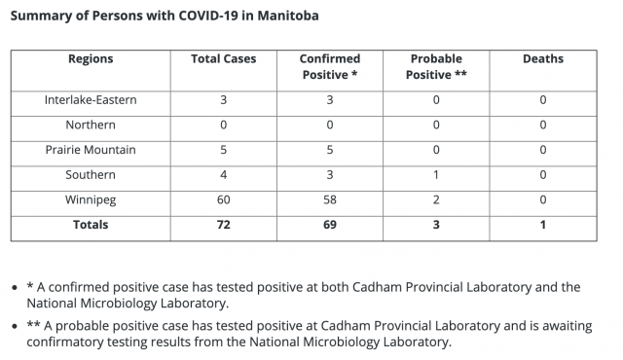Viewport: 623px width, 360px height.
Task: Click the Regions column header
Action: [91, 59]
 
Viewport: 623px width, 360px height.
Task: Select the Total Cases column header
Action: [223, 58]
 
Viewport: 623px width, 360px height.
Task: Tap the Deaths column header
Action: [543, 58]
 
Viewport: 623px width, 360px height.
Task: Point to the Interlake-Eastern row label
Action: [91, 99]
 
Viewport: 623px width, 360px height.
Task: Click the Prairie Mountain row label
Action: [91, 150]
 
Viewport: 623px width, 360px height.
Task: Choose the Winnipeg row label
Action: [91, 199]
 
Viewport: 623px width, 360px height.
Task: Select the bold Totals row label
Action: [91, 225]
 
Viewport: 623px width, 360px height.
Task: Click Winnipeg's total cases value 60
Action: [223, 199]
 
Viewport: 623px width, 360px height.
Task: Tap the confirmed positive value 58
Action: [330, 199]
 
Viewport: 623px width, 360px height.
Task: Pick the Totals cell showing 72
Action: [223, 225]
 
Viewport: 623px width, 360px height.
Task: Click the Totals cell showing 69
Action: [330, 225]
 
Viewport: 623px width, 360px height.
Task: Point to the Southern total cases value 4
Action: [223, 174]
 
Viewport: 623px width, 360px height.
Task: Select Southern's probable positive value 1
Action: [436, 174]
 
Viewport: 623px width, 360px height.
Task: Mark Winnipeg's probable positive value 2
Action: [436, 199]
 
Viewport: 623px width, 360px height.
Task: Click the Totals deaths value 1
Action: [543, 225]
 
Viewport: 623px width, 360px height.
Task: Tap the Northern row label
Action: [91, 125]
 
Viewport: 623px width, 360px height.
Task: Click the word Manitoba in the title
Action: [288, 16]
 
